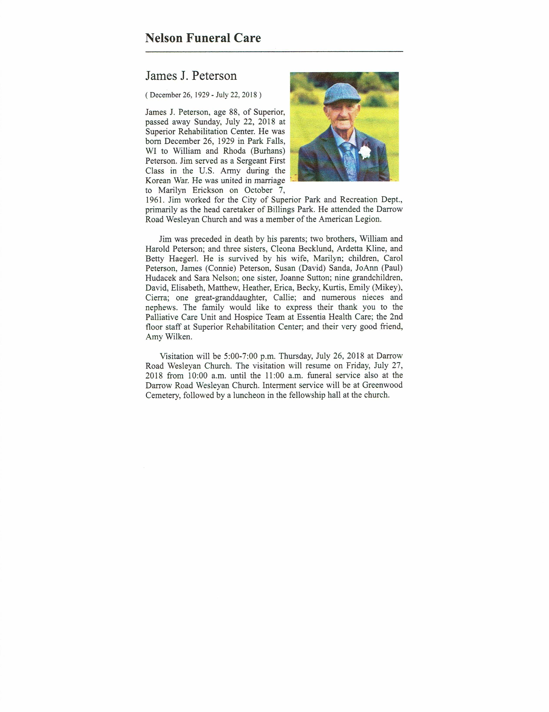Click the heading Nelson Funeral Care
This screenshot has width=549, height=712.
[x=203, y=38]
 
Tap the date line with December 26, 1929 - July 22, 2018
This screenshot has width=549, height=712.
[x=203, y=95]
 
